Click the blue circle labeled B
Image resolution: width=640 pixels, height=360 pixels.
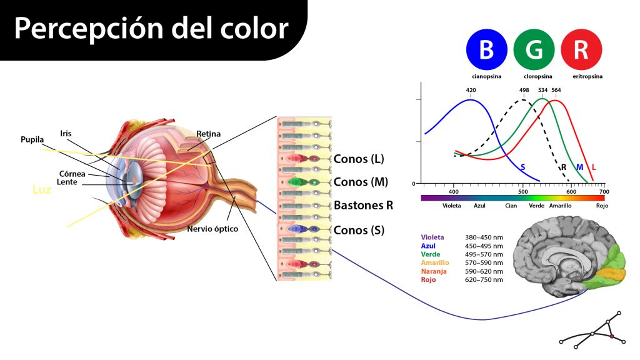coord(486,49)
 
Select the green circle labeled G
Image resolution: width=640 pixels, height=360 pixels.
coord(534,49)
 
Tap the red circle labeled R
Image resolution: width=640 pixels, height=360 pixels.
coord(581,49)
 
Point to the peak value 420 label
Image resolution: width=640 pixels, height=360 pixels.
coord(471,90)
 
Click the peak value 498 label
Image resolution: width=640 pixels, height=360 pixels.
coord(524,90)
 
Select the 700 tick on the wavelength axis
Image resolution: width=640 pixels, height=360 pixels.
coord(602,191)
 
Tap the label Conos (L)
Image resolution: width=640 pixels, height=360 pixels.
coord(359,159)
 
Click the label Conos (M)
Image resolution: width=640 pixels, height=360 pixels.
coord(361,182)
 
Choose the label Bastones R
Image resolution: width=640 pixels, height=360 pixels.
coord(363,205)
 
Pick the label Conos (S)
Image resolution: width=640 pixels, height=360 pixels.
coord(359,230)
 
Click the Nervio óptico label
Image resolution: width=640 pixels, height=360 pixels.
coord(212,229)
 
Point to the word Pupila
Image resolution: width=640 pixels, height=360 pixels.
coord(32,139)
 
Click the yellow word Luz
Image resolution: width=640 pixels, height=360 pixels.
coord(42,188)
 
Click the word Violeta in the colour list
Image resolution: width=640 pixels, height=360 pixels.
coord(432,237)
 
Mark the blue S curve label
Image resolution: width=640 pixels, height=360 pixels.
coord(522,167)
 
